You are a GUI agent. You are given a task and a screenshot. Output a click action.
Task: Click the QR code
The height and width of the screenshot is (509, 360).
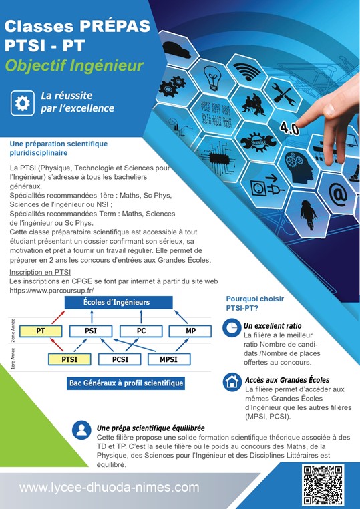[323, 486]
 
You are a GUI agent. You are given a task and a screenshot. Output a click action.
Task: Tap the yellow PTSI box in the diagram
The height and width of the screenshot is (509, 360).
[69, 359]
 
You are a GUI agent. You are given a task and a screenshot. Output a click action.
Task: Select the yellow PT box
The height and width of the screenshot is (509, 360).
[41, 331]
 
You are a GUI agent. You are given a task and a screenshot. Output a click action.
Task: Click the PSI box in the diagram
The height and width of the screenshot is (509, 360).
[91, 331]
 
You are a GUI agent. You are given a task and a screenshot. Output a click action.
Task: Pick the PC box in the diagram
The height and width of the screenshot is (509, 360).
[141, 331]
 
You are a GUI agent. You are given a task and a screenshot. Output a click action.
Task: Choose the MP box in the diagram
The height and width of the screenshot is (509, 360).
[190, 331]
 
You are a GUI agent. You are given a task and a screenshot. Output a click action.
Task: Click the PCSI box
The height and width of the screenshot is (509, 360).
[120, 359]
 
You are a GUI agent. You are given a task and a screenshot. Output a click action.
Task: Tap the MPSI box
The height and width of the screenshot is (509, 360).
[169, 359]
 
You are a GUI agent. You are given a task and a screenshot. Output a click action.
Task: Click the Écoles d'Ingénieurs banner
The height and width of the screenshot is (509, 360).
[118, 302]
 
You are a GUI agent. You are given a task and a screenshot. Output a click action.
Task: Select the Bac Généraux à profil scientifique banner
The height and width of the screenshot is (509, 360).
[126, 383]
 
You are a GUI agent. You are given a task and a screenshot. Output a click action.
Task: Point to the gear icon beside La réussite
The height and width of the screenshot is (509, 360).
[23, 103]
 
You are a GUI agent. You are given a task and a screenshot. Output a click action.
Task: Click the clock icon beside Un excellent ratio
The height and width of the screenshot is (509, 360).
[232, 327]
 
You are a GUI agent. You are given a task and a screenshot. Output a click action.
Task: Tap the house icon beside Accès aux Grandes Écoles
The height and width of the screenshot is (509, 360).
[232, 382]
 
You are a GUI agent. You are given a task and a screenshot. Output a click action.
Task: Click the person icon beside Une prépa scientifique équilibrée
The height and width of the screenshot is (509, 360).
[81, 430]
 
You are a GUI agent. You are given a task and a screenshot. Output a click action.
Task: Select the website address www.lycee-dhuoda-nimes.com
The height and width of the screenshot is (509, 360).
[109, 487]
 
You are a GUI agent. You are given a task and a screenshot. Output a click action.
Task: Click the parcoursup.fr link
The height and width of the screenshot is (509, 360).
[51, 290]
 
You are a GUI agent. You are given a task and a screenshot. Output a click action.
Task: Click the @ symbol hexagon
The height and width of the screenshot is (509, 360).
[337, 195]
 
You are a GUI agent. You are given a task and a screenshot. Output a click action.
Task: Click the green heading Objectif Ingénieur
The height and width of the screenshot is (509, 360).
[74, 66]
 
